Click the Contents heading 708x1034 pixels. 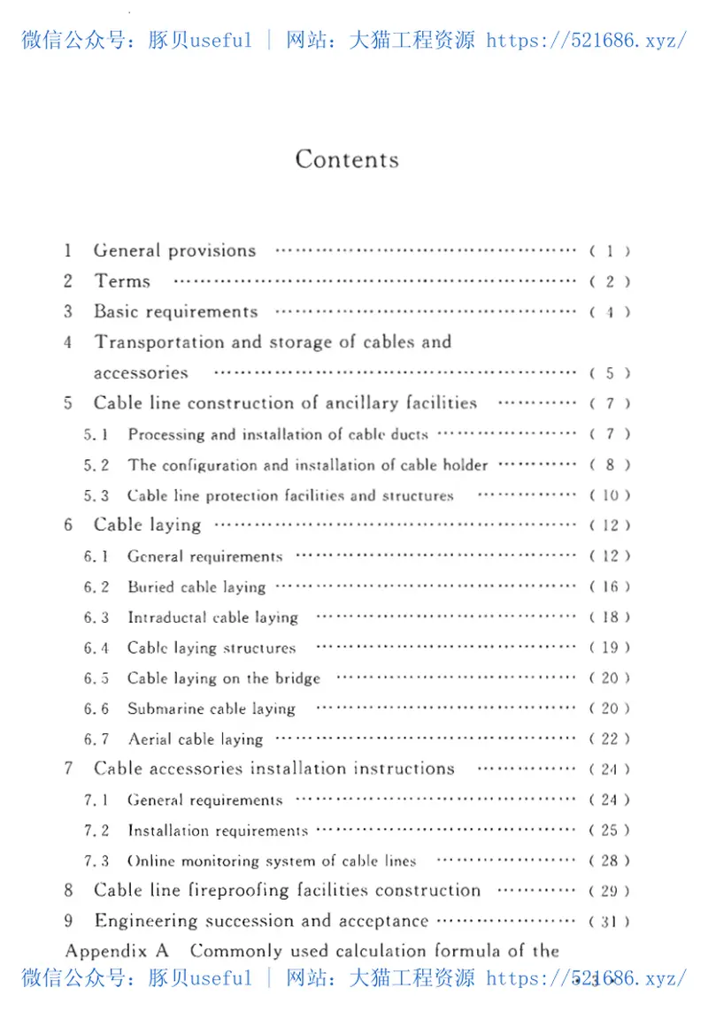click(347, 159)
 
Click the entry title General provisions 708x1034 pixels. click(175, 250)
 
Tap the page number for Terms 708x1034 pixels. click(610, 282)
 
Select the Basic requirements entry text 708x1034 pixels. click(176, 311)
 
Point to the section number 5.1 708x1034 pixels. click(96, 434)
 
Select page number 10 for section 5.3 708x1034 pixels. click(610, 495)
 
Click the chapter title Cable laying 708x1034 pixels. click(148, 525)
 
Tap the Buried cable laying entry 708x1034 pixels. click(196, 587)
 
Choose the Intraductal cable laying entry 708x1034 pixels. click(212, 617)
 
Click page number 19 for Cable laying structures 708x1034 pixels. click(610, 647)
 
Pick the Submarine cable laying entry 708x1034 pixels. click(212, 708)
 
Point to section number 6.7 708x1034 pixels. click(96, 739)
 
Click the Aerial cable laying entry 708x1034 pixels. click(196, 739)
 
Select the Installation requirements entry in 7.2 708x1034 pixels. click(218, 831)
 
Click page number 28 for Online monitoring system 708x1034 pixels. click(610, 861)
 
